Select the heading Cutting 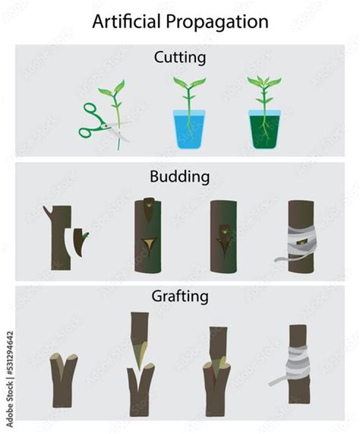click(x=179, y=57)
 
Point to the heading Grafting click(x=179, y=296)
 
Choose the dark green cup click(x=263, y=128)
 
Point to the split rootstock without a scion click(x=64, y=380)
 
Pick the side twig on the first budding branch click(x=48, y=212)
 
